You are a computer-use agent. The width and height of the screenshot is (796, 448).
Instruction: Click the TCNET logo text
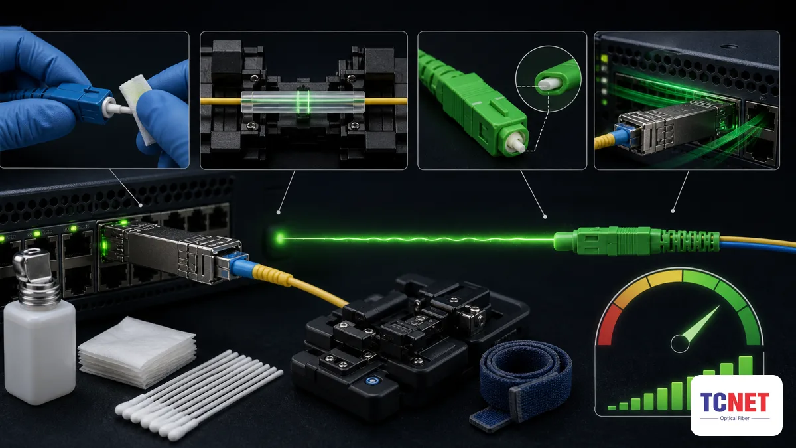tap(734, 402)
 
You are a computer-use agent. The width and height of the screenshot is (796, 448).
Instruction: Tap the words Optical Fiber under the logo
tap(734, 419)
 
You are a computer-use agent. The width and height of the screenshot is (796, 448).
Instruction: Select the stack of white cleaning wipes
tap(137, 352)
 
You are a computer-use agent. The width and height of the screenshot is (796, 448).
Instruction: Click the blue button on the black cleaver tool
tap(371, 382)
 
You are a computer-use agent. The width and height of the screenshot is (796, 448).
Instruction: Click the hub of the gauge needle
tap(680, 344)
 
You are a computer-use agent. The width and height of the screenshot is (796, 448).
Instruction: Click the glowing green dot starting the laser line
tap(280, 238)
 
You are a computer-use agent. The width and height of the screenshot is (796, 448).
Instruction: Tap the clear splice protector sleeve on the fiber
tap(302, 102)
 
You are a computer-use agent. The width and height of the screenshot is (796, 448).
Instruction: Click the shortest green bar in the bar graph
tap(612, 408)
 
